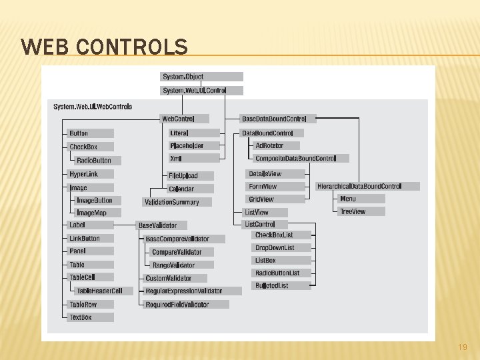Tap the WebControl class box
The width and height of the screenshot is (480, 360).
tap(184, 119)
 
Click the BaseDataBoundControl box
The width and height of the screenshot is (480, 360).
tap(277, 119)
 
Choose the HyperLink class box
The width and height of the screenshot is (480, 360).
tap(91, 174)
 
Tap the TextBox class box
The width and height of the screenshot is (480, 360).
tap(91, 317)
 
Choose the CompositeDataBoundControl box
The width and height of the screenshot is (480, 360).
tap(301, 159)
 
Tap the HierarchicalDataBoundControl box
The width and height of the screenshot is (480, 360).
tap(367, 186)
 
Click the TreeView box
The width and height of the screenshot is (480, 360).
tap(361, 211)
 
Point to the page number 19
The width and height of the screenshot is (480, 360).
tap(462, 347)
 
